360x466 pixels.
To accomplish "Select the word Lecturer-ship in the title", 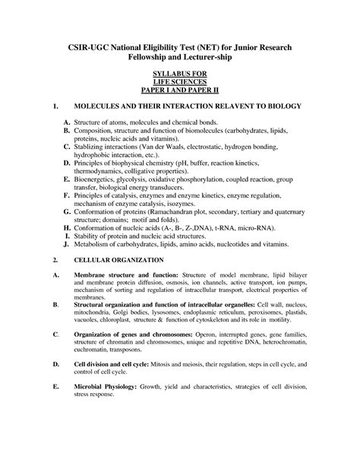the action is (x=225, y=58).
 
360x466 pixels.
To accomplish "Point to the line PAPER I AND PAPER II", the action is (x=180, y=95).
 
